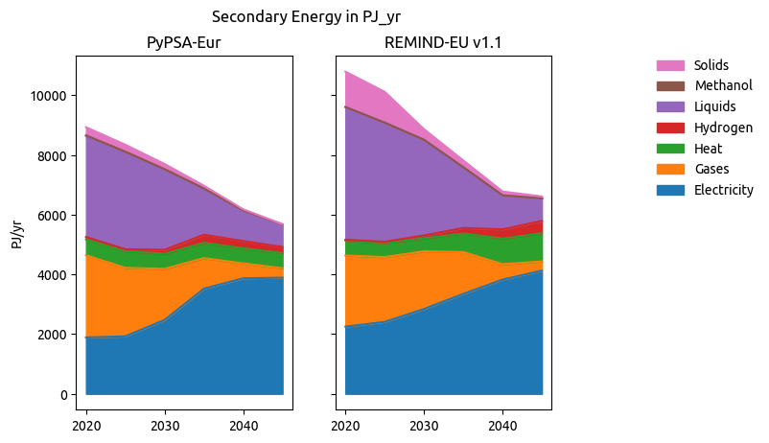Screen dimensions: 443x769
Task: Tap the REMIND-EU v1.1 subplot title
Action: tap(443, 43)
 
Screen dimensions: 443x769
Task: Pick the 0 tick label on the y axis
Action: tap(61, 395)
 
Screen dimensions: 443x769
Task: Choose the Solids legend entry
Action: tap(711, 65)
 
